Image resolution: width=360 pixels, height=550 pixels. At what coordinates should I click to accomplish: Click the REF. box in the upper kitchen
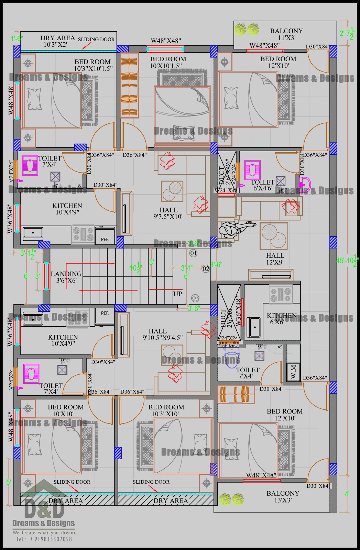(x=105, y=239)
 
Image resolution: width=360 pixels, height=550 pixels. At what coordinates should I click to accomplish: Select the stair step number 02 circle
(x=206, y=269)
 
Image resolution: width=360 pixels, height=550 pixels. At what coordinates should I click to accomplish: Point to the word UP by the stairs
(x=177, y=294)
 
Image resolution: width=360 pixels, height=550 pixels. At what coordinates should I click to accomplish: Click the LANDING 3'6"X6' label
(x=66, y=277)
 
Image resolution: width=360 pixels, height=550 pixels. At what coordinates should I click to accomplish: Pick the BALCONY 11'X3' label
(x=286, y=34)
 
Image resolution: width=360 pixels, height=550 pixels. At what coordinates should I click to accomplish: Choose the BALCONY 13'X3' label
(x=283, y=497)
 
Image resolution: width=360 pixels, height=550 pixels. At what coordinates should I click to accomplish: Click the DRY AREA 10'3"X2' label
(x=57, y=41)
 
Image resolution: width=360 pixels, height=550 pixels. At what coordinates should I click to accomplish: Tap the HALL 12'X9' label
(x=275, y=259)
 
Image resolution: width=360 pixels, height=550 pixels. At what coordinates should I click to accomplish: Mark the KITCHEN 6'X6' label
(x=282, y=318)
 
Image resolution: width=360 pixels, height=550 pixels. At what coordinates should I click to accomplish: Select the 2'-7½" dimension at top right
(x=347, y=33)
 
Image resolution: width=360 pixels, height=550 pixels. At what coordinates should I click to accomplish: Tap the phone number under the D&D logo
(x=44, y=539)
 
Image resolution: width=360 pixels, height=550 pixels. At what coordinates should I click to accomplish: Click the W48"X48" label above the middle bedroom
(x=166, y=41)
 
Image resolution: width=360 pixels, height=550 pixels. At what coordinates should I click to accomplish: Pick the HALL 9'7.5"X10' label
(x=168, y=213)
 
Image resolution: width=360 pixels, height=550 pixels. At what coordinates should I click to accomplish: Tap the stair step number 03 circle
(x=195, y=298)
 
